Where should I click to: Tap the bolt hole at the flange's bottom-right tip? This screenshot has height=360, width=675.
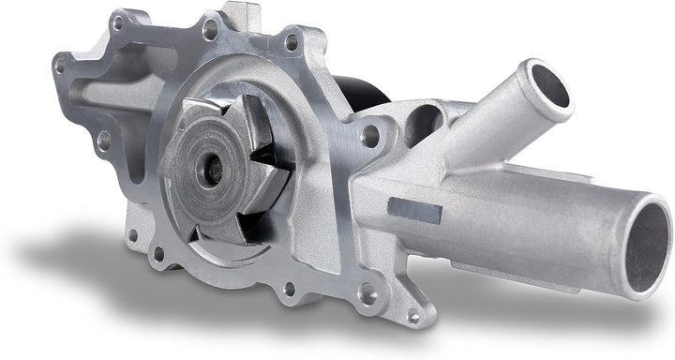coord(413,317)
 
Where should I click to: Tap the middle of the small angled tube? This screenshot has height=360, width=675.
coord(497,122)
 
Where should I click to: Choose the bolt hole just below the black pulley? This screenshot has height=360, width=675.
coord(370,137)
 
